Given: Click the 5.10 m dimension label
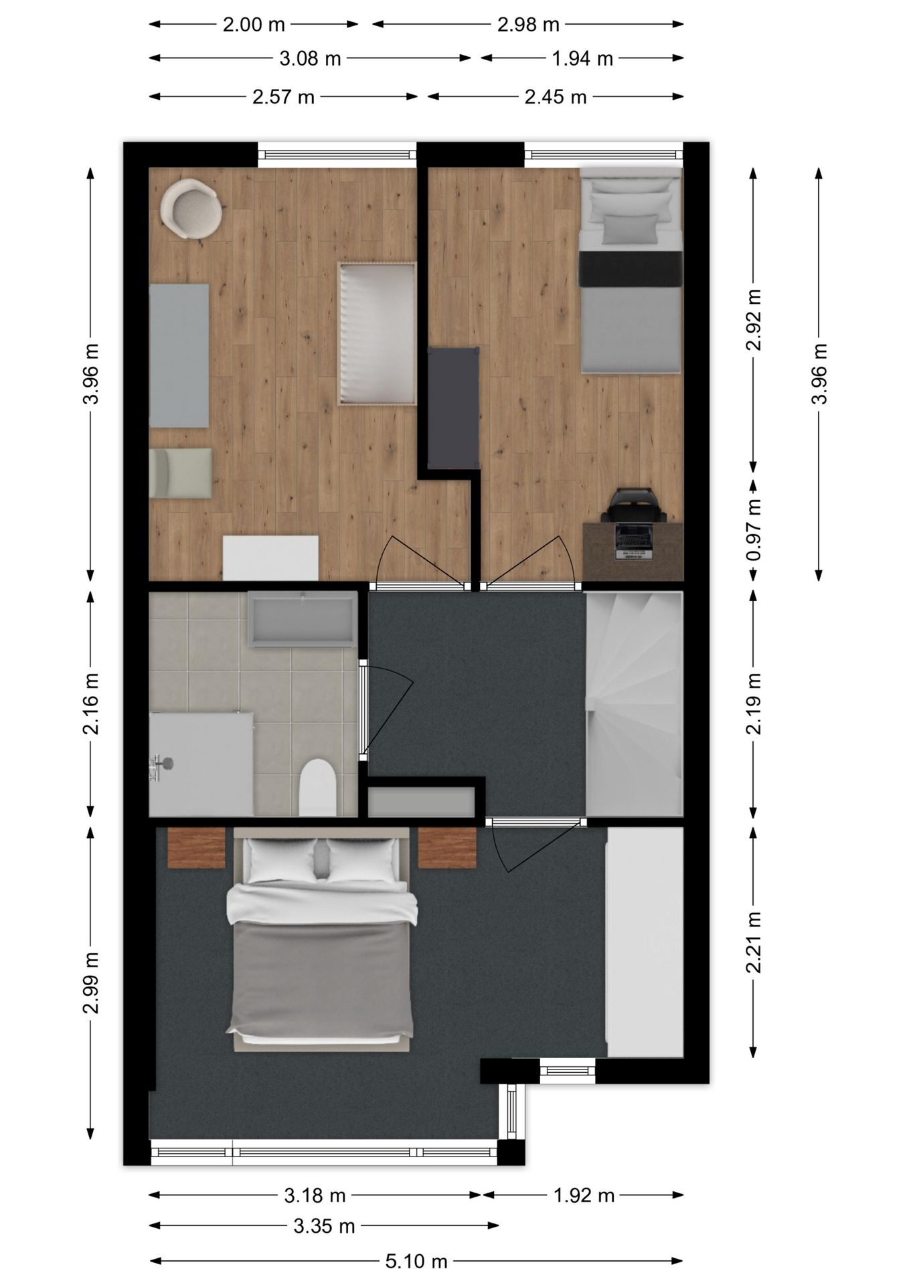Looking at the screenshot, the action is coord(416,1261).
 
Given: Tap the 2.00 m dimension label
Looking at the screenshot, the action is coord(254,25).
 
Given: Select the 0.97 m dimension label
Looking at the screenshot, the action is coord(754,530).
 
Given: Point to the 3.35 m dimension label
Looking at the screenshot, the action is coord(324,1225).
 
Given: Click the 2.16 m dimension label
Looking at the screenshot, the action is coord(91,704).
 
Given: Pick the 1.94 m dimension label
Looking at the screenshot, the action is coord(582,59).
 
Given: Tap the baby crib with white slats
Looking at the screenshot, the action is coord(378,333).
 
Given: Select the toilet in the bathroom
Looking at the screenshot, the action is coord(317,787).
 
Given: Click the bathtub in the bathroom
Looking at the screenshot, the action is coord(302,618).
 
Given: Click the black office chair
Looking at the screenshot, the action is coord(633,505).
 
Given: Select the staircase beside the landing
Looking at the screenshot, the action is coord(635,703).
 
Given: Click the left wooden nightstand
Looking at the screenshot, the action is coord(196,848).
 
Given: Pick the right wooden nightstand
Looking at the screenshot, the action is coord(447,848).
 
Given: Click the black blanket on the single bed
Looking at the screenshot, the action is coord(631,268).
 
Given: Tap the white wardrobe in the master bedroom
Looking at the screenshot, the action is coord(645,942).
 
